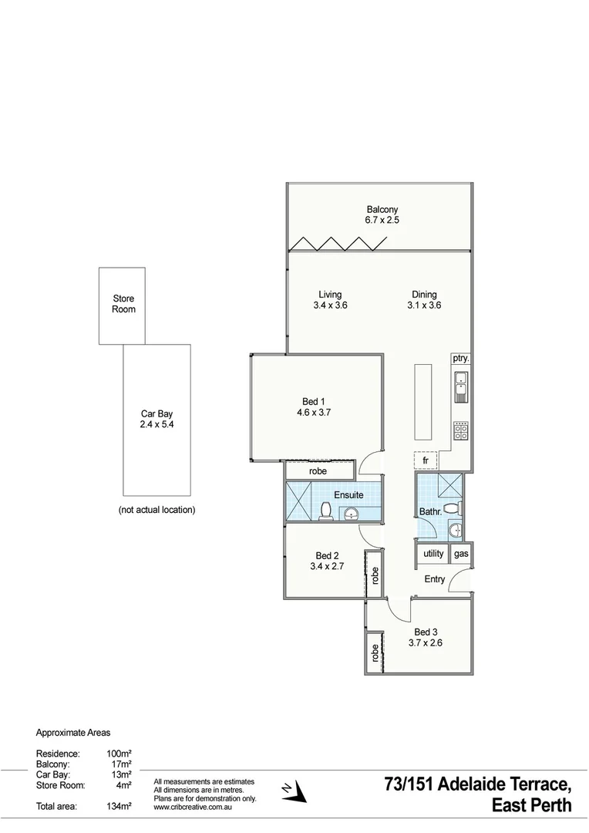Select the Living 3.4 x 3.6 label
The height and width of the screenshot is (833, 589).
tap(331, 299)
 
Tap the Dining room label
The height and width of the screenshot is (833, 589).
tap(423, 299)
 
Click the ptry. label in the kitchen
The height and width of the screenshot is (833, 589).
tap(461, 359)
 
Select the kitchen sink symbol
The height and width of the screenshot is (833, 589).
tap(461, 386)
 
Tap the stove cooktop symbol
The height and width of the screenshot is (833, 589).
tap(461, 430)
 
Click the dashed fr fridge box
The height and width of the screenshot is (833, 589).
tap(426, 460)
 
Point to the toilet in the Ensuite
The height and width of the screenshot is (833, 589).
tap(326, 511)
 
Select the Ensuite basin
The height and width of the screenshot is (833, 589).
tap(352, 514)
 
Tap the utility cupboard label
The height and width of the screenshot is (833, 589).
tap(433, 554)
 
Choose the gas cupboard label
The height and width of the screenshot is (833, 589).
tap(461, 554)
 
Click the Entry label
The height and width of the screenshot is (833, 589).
tap(434, 578)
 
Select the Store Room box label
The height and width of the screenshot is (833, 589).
tap(123, 304)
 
